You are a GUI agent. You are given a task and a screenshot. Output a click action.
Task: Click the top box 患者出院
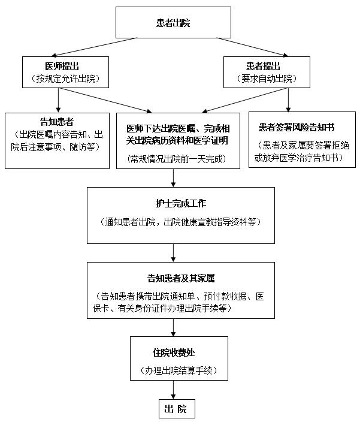173,23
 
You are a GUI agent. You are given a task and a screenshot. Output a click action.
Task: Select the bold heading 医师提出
65,66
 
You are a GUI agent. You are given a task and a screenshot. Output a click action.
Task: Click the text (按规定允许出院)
65,79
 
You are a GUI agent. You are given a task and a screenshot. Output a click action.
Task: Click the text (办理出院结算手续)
173,371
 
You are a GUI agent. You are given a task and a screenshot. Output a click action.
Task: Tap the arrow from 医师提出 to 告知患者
56,100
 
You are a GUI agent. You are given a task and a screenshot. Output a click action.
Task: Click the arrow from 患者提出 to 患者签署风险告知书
288,100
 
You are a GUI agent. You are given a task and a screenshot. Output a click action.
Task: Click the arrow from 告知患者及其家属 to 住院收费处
173,327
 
